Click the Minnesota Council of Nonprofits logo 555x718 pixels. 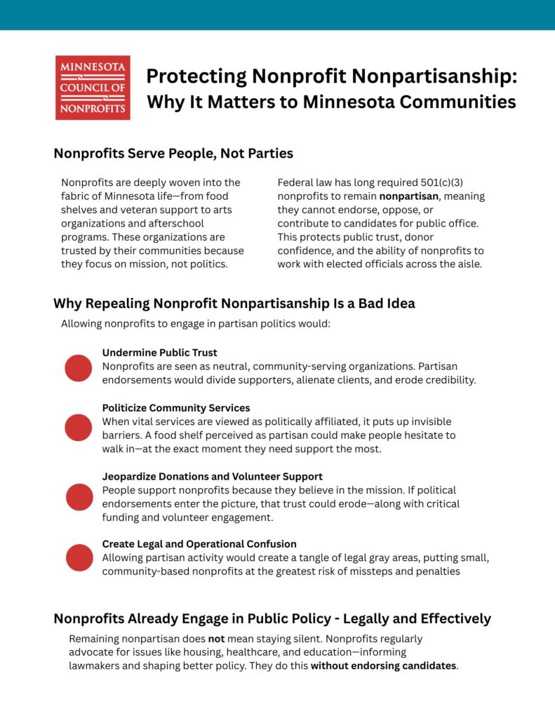[93, 88]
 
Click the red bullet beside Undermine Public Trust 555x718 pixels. [79, 367]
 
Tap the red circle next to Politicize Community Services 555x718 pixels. [79, 427]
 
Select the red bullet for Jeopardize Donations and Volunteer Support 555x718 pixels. [79, 496]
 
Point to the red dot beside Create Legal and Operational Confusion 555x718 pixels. [79, 557]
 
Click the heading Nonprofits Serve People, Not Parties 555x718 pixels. [173, 153]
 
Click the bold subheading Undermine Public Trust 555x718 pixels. [160, 353]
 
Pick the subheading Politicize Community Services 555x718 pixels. [176, 408]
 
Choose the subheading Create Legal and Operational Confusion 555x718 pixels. [199, 544]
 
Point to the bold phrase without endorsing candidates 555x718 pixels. [383, 666]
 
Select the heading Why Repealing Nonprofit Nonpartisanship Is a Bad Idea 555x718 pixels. [234, 304]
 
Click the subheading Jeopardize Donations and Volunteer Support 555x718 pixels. [213, 477]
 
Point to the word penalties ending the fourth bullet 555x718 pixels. [437, 571]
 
